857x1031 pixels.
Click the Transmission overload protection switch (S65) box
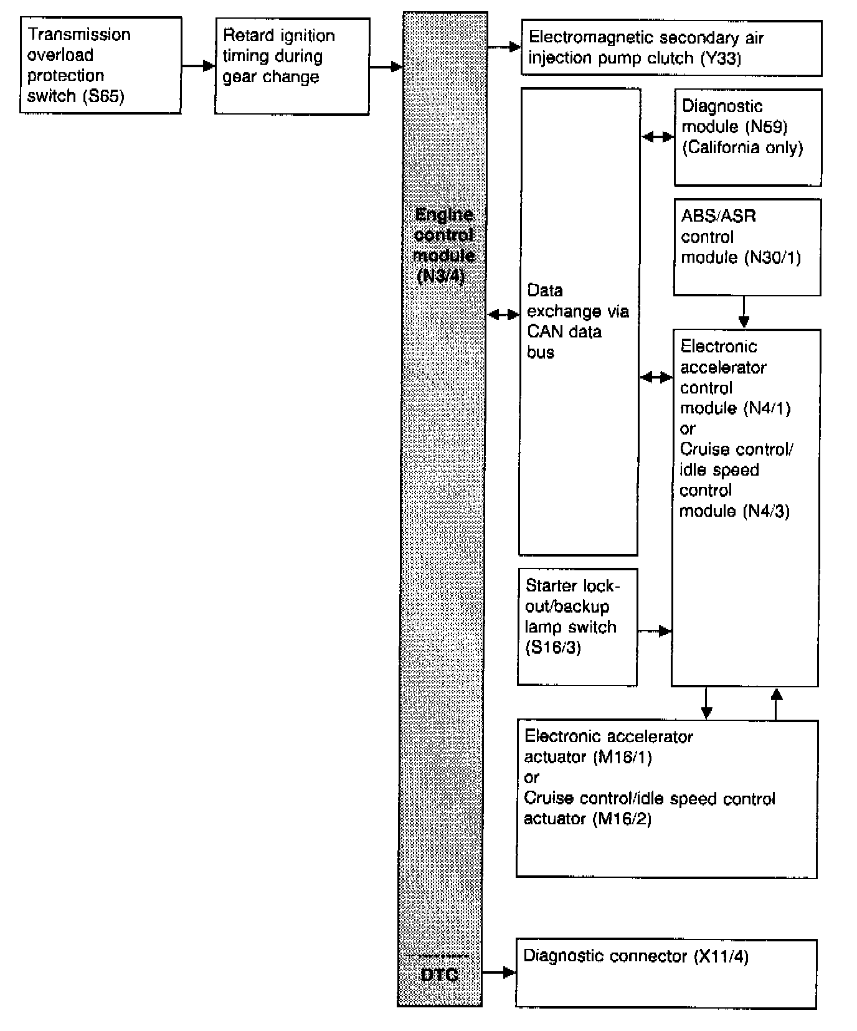pyautogui.click(x=100, y=65)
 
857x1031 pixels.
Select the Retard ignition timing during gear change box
pyautogui.click(x=292, y=66)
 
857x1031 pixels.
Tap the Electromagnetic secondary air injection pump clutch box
pyautogui.click(x=671, y=48)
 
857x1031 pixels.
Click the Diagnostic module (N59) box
pyautogui.click(x=747, y=137)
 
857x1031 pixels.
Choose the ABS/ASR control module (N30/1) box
pyautogui.click(x=747, y=247)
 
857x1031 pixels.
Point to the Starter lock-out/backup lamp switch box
pyautogui.click(x=577, y=626)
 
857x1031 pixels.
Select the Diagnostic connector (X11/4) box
pyautogui.click(x=666, y=973)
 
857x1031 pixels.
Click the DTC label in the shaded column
pyautogui.click(x=439, y=974)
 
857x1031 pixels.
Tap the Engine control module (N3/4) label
pyautogui.click(x=443, y=245)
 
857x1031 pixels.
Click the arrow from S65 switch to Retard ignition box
pyautogui.click(x=198, y=65)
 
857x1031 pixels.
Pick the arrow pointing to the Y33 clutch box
pyautogui.click(x=504, y=47)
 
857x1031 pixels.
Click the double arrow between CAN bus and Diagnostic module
pyautogui.click(x=657, y=137)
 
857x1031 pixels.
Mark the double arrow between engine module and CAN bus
pyautogui.click(x=503, y=315)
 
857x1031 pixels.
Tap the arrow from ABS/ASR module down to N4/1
pyautogui.click(x=744, y=312)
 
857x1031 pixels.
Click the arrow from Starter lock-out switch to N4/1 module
pyautogui.click(x=655, y=631)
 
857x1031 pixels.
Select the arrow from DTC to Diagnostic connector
pyautogui.click(x=499, y=972)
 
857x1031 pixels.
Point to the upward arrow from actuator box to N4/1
pyautogui.click(x=776, y=704)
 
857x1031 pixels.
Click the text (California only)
pyautogui.click(x=742, y=148)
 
